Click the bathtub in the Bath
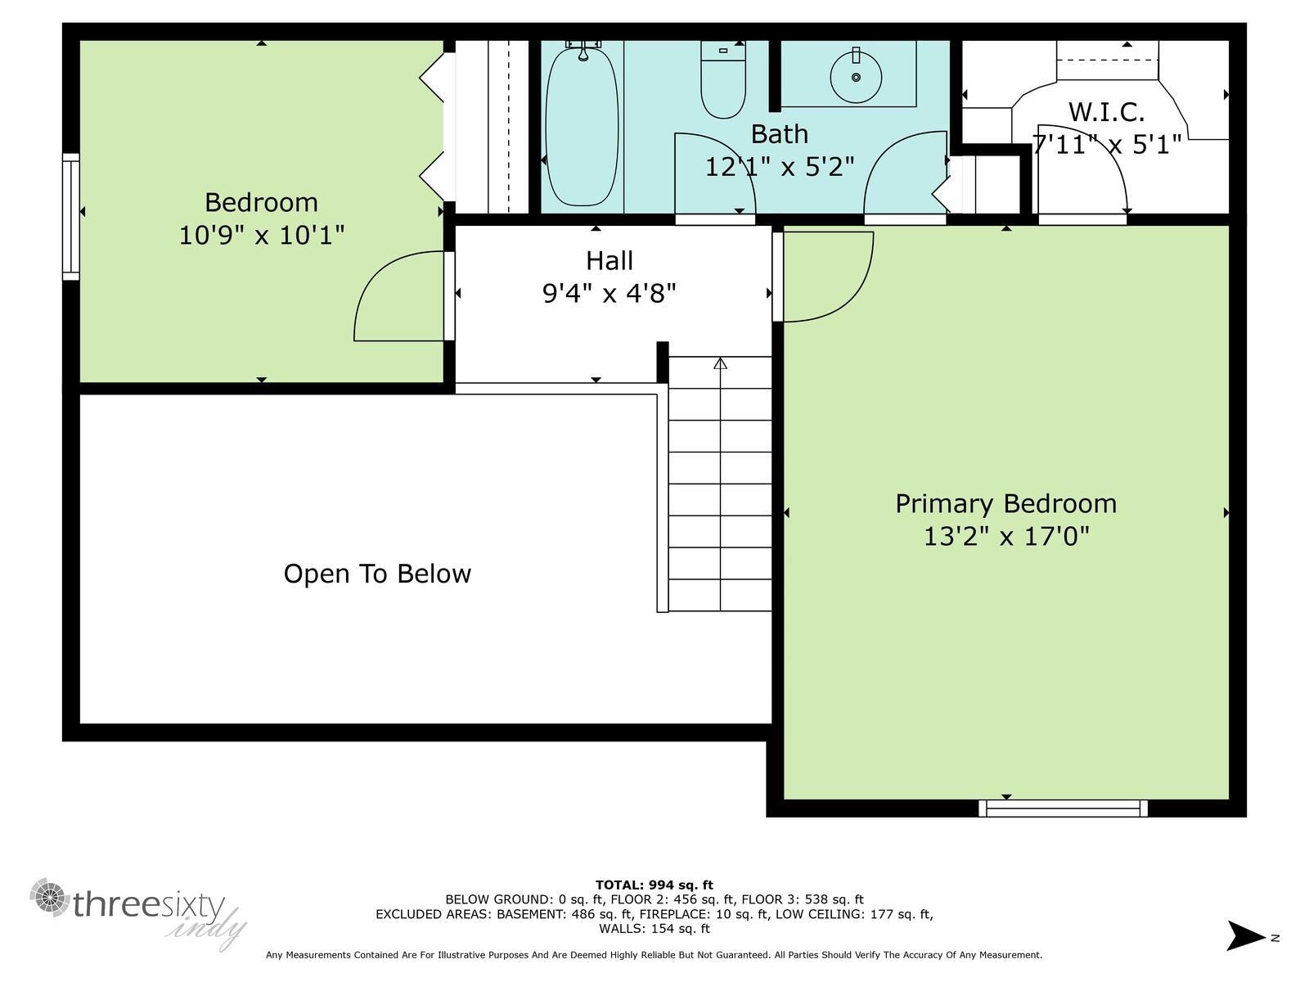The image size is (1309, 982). click(x=582, y=127)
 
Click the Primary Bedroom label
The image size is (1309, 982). click(x=1005, y=503)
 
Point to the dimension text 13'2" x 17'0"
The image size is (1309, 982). click(x=1006, y=537)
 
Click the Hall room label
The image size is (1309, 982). click(x=610, y=261)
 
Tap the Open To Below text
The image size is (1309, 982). click(x=377, y=574)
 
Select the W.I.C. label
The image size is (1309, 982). click(x=1106, y=111)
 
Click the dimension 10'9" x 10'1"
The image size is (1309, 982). click(x=261, y=236)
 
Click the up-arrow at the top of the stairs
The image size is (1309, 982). click(x=720, y=363)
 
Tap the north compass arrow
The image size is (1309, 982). click(x=1246, y=935)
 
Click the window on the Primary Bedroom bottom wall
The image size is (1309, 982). click(x=1063, y=809)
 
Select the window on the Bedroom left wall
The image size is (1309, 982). click(x=71, y=217)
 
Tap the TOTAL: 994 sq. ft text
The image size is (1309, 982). click(x=654, y=885)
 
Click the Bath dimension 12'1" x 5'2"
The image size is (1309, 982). click(x=780, y=167)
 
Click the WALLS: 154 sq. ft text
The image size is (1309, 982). click(x=654, y=929)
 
